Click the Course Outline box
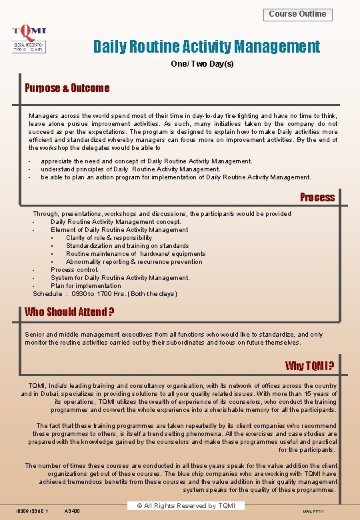pyautogui.click(x=297, y=14)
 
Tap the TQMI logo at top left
pyautogui.click(x=29, y=39)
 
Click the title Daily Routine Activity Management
pyautogui.click(x=207, y=47)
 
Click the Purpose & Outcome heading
pyautogui.click(x=67, y=88)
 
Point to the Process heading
pyautogui.click(x=317, y=197)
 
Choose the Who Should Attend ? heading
pyautogui.click(x=69, y=312)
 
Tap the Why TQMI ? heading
pyautogui.click(x=309, y=366)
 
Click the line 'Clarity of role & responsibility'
pyautogui.click(x=109, y=238)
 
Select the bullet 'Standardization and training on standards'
pyautogui.click(x=127, y=246)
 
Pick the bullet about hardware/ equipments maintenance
pyautogui.click(x=135, y=254)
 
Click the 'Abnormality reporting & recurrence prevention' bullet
pyautogui.click(x=134, y=262)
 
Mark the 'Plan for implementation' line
pyautogui.click(x=86, y=286)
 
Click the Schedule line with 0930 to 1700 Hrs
pyautogui.click(x=105, y=294)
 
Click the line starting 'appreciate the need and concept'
pyautogui.click(x=147, y=161)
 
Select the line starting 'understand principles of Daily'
pyautogui.click(x=131, y=169)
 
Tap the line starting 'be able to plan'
pyautogui.click(x=176, y=177)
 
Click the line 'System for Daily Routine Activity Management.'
pyautogui.click(x=120, y=278)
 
